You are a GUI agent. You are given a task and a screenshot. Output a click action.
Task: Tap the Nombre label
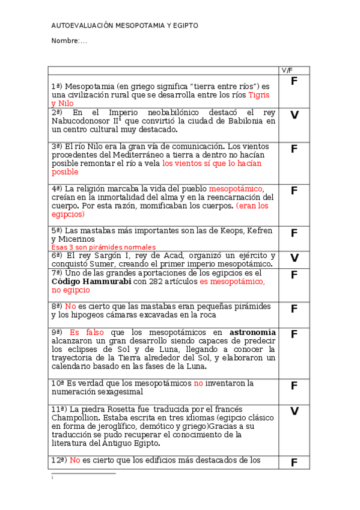point(66,41)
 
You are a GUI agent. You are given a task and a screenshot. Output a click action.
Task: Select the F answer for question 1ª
point(294,81)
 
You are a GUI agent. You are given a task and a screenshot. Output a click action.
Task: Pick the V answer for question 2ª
point(294,115)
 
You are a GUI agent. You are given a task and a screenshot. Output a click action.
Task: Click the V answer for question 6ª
point(294,258)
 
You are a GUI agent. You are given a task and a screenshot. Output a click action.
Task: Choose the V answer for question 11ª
point(294,411)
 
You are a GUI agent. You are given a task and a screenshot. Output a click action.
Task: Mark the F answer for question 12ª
point(294,462)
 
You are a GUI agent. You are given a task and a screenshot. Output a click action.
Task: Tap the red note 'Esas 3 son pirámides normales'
point(103,247)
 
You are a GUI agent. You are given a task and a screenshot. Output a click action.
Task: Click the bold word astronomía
point(252,332)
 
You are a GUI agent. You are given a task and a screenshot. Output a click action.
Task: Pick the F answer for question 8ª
point(294,309)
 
